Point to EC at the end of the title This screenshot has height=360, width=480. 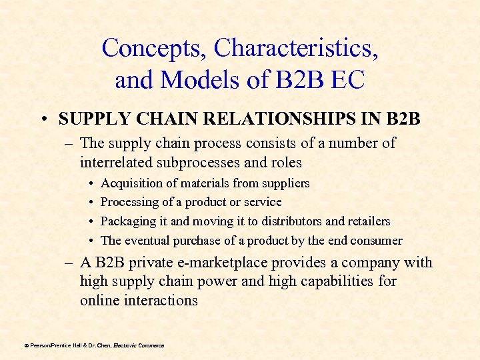point(346,81)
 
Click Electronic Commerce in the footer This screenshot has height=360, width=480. point(139,345)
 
